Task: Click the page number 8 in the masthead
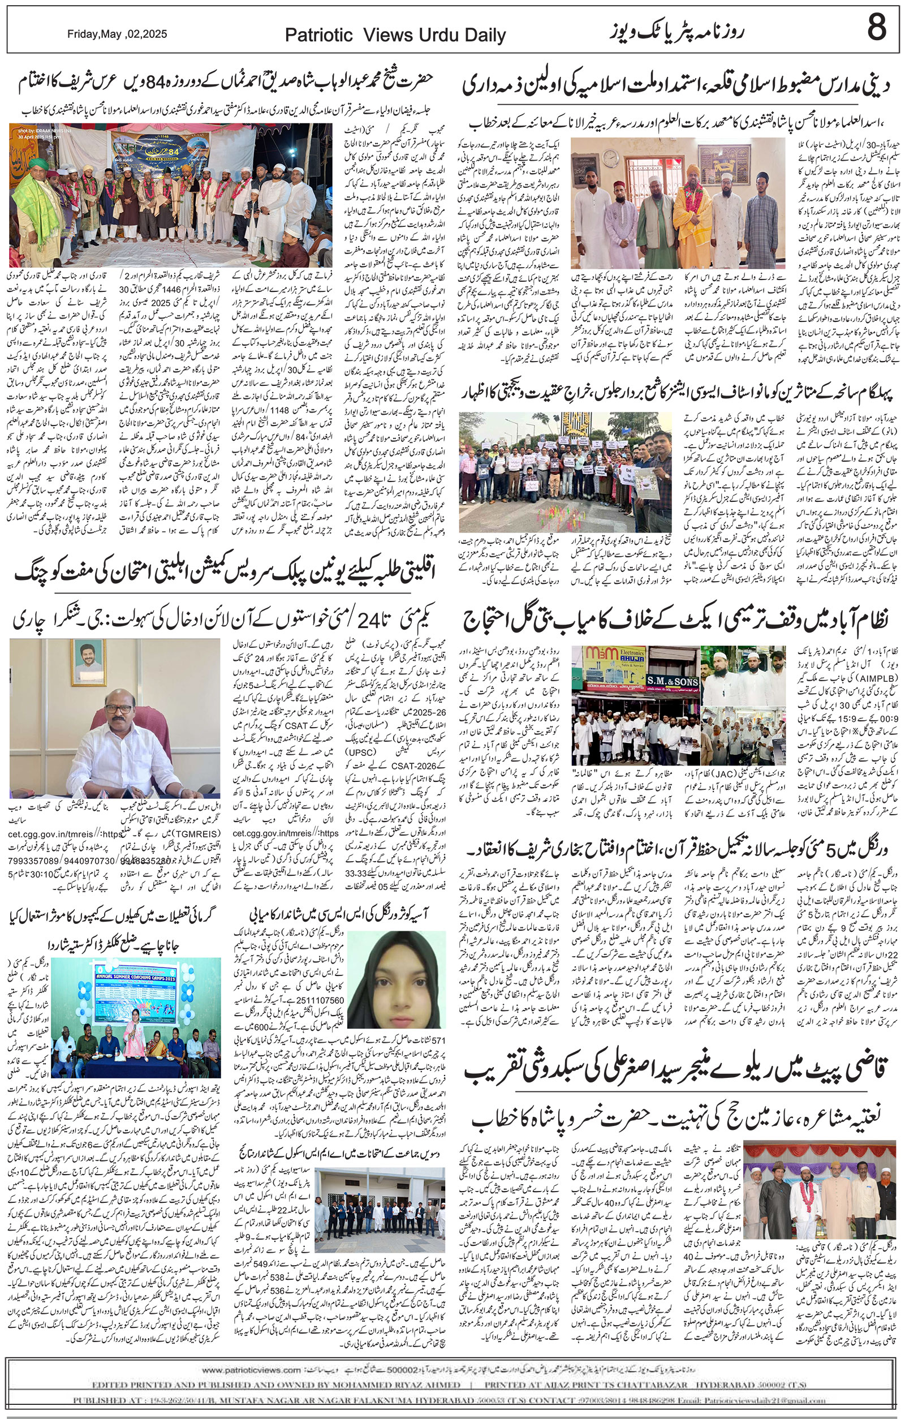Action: (876, 27)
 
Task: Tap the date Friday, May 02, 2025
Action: (117, 34)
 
